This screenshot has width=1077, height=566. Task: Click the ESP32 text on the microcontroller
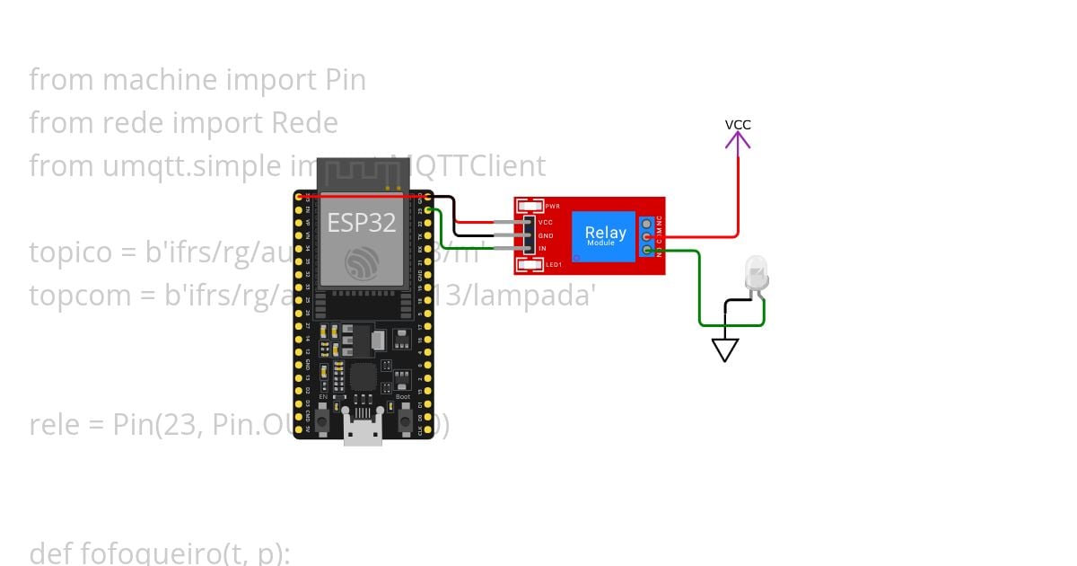(361, 223)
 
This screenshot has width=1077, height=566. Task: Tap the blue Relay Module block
(605, 236)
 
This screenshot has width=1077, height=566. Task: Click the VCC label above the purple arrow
(738, 125)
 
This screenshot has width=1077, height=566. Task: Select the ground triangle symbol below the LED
(724, 349)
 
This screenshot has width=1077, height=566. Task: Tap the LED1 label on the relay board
(553, 264)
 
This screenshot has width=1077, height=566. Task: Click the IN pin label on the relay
(542, 248)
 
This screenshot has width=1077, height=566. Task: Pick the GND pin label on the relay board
(546, 235)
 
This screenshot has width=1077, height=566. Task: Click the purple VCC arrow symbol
(738, 141)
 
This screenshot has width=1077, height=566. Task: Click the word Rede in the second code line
(304, 123)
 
